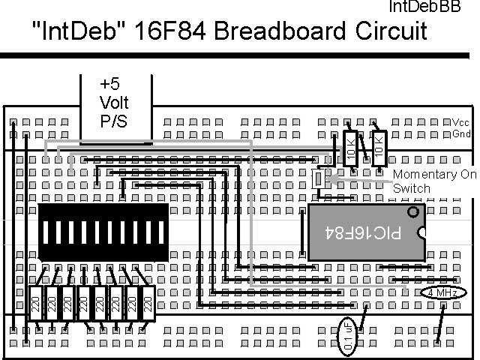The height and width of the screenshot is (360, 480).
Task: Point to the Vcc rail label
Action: pos(460,122)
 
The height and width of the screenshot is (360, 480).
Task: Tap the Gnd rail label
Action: pos(460,133)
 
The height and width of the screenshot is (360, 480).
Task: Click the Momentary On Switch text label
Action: pos(434,181)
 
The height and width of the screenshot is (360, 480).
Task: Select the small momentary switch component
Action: pos(318,178)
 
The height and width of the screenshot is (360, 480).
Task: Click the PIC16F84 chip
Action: pos(364,232)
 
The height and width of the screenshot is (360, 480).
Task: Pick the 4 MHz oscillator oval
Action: pos(438,292)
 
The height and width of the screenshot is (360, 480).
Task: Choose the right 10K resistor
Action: pos(379,148)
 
